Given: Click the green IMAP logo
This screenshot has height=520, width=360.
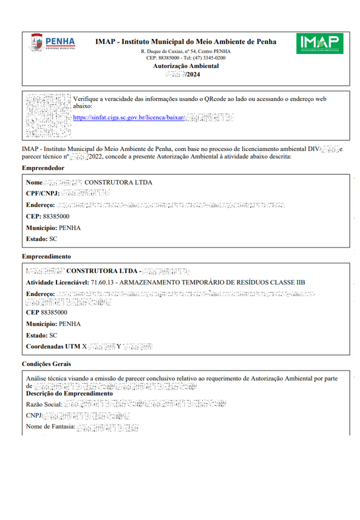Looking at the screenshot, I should point(319,43).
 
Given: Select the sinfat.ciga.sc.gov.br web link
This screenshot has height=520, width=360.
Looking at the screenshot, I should point(128,117).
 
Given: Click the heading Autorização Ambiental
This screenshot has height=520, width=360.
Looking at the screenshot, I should point(185,66).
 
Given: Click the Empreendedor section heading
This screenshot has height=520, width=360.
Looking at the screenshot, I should point(43,168).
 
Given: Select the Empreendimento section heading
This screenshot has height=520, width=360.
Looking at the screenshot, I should point(46,256).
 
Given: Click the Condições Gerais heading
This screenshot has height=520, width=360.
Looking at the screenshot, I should point(46,363).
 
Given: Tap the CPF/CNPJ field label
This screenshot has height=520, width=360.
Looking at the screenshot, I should point(43,193).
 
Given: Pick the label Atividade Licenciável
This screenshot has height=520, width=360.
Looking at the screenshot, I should point(57,282).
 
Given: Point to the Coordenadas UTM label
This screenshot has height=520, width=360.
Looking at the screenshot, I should point(53,346).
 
